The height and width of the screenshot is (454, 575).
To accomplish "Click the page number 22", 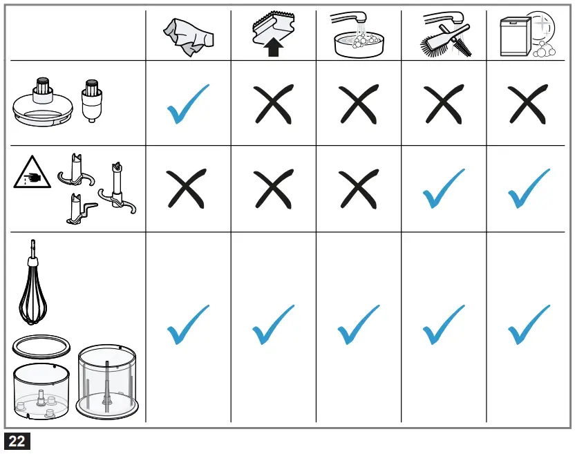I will [x=17, y=441].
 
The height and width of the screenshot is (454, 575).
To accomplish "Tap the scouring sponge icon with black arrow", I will [x=273, y=36].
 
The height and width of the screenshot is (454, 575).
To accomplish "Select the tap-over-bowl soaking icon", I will [x=358, y=36].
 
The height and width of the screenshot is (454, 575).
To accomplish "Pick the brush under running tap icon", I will [x=443, y=36].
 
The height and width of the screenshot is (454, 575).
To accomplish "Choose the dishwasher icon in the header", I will [x=527, y=36].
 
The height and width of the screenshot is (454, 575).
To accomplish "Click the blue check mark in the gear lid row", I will [x=188, y=104].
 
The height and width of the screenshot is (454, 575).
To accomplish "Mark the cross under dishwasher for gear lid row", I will [x=529, y=104].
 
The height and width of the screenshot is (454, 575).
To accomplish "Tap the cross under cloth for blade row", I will [x=188, y=189].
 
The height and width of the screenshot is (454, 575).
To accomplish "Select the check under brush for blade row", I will [x=444, y=189].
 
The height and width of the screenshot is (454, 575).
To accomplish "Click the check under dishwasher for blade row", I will [x=529, y=189].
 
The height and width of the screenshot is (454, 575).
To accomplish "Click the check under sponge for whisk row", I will [x=273, y=325].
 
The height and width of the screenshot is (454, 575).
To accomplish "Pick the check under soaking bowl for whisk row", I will [x=359, y=325].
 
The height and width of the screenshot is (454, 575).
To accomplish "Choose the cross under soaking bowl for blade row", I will [x=359, y=189].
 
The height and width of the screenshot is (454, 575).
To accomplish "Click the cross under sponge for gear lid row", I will [x=273, y=104].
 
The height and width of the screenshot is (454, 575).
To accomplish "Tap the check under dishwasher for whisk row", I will [x=529, y=325].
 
